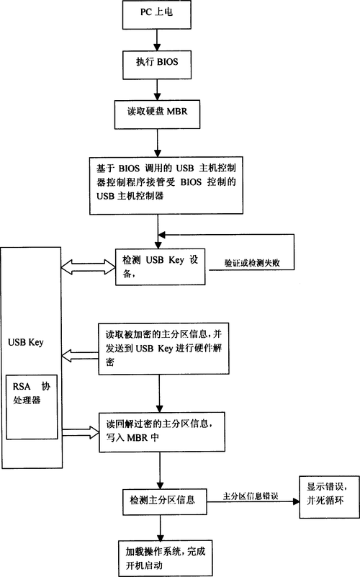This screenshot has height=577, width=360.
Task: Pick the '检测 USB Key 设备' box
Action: pyautogui.click(x=161, y=267)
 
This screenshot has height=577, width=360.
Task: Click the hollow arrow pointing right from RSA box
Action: pyautogui.click(x=80, y=431)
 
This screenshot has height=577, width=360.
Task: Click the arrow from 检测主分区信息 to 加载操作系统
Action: pyautogui.click(x=159, y=524)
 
